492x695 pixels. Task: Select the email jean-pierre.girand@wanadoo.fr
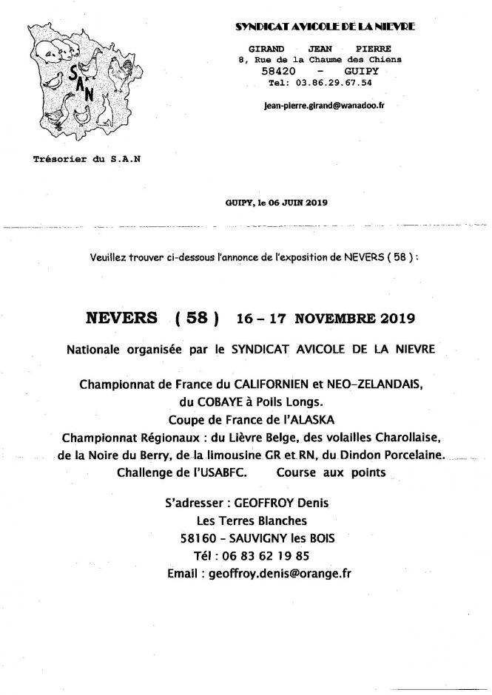[324, 105]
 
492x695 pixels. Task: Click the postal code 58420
[280, 71]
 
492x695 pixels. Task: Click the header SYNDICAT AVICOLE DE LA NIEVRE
[325, 26]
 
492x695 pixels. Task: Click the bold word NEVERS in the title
[121, 319]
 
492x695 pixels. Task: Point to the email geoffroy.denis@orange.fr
[280, 573]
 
